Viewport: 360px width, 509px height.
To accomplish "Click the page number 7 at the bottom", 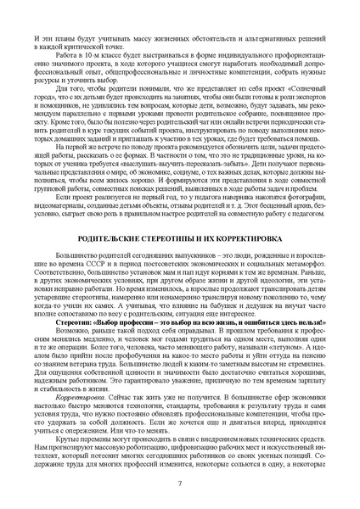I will pos(180,484).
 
